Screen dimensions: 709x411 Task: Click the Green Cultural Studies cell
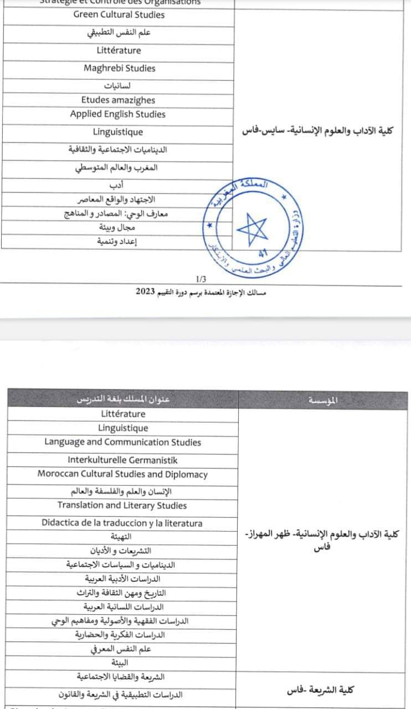[x=119, y=15]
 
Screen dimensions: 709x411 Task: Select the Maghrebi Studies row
[x=119, y=69]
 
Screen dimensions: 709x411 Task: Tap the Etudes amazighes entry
[x=118, y=100]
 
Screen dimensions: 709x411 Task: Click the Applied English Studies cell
[x=118, y=114]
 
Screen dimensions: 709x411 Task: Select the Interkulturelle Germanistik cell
[x=122, y=460]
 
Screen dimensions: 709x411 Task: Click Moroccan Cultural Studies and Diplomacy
[x=122, y=474]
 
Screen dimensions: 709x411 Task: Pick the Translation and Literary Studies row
[x=122, y=505]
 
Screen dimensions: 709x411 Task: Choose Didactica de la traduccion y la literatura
[x=122, y=523]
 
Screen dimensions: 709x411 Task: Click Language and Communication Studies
[x=122, y=442]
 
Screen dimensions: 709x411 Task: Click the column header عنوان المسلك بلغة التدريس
[x=123, y=400]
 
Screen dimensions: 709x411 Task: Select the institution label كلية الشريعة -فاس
[x=321, y=690]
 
